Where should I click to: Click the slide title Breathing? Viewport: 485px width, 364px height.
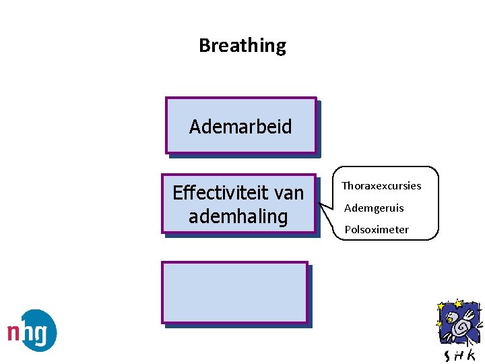(243, 46)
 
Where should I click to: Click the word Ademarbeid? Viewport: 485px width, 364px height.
(240, 127)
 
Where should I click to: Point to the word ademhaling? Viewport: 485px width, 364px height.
(238, 217)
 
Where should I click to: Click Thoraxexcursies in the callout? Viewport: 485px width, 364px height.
(381, 185)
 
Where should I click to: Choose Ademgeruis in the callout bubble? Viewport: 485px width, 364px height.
(374, 208)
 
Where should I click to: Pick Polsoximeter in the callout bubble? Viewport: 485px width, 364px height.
(377, 229)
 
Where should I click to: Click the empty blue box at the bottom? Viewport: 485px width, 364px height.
(234, 293)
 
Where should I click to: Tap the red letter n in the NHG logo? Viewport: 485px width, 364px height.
(15, 332)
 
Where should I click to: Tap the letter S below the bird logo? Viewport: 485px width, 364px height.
(447, 355)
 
